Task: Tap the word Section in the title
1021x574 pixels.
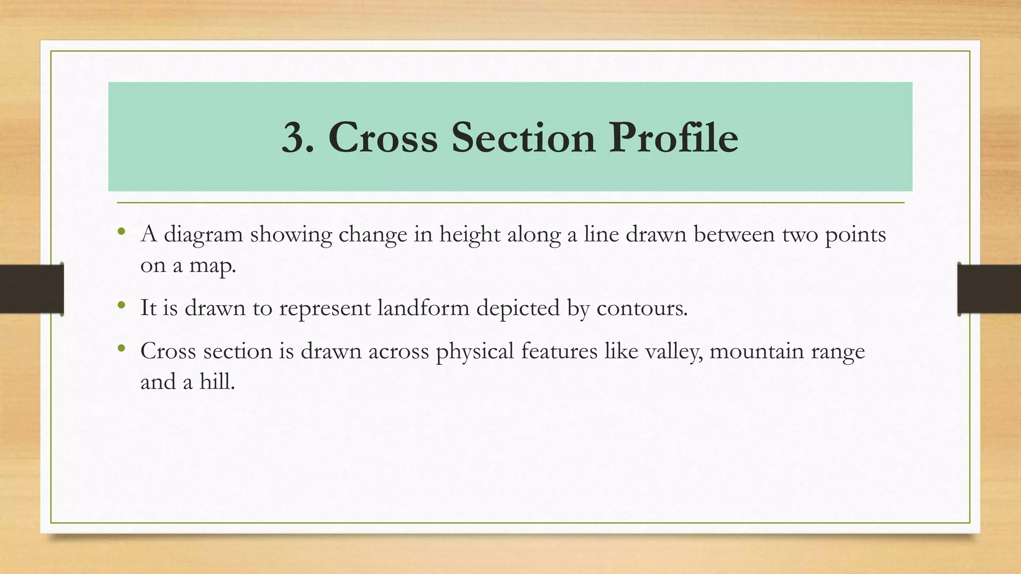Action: pos(523,138)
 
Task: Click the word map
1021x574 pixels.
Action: pos(212,266)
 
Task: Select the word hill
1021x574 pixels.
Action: pos(217,382)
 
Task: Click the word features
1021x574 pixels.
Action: pos(559,351)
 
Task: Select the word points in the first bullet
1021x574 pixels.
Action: pos(855,235)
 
